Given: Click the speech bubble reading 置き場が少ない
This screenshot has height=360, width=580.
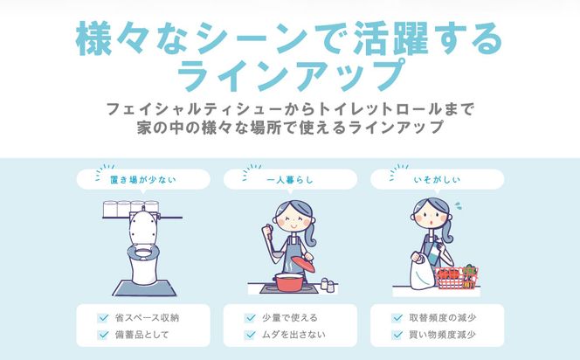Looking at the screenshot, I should (x=143, y=180).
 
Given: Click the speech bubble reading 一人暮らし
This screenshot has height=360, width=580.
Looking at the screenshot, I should (x=290, y=180).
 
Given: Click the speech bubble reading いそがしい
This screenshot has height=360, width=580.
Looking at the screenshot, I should (x=436, y=180).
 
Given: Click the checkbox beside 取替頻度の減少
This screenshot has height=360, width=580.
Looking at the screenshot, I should (x=397, y=317).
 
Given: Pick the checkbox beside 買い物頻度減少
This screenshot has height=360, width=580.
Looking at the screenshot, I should (x=397, y=335).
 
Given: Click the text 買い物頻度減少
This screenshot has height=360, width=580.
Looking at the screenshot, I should (x=442, y=335).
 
